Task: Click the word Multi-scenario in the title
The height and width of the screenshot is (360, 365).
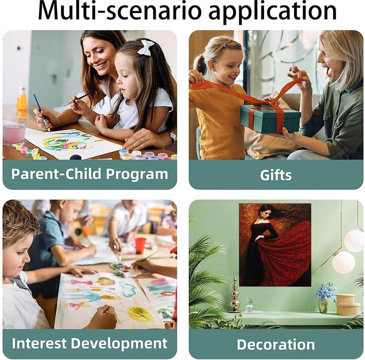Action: pos(119,11)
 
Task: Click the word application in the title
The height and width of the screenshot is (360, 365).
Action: pos(272,12)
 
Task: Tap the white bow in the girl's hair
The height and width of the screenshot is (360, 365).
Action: pos(146,47)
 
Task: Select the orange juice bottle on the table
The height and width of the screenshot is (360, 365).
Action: pos(22,99)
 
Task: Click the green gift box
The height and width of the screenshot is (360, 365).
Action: pos(270,118)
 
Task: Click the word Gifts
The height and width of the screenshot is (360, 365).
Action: pos(276,175)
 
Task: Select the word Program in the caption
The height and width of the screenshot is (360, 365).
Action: pos(137,174)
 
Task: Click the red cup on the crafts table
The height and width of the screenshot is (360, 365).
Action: pos(140,245)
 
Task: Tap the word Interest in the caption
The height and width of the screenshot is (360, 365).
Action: pos(39,343)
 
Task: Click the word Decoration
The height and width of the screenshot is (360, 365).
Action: pos(276,344)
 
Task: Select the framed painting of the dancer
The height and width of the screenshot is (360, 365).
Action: pos(275,245)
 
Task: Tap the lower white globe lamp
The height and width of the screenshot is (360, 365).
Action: pos(344,262)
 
